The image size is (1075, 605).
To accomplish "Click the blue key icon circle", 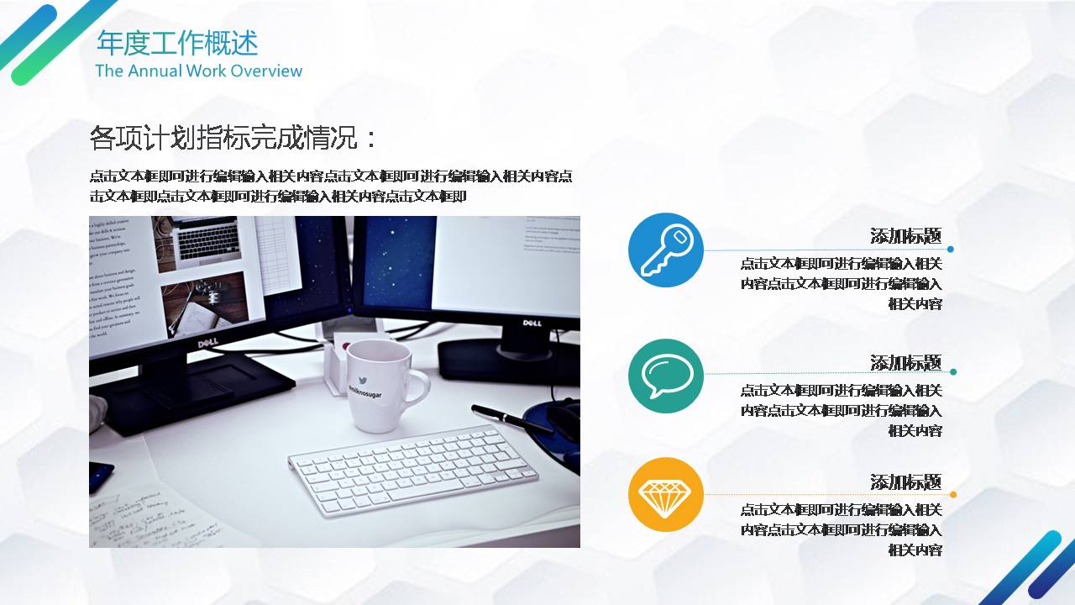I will click(x=666, y=250).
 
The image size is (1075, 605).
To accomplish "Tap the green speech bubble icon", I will click(x=666, y=376).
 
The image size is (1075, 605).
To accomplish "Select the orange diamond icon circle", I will click(x=666, y=494).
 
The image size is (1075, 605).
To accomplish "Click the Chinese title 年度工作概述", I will click(x=177, y=43).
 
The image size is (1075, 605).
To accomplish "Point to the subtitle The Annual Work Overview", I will click(x=198, y=71).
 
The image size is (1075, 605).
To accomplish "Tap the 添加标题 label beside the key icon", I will click(x=905, y=236).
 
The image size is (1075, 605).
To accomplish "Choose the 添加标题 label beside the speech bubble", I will click(x=905, y=363).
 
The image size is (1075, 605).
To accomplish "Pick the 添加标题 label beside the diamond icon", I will click(x=905, y=482).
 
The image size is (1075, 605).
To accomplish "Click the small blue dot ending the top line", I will click(x=951, y=250).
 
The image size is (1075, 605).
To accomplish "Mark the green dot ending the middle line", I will click(x=953, y=371).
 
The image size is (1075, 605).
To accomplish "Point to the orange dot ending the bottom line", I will click(x=953, y=494).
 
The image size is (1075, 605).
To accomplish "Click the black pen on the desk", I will click(x=511, y=418).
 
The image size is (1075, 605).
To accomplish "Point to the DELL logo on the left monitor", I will click(x=207, y=344).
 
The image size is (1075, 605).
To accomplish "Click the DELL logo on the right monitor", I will click(x=532, y=323).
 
